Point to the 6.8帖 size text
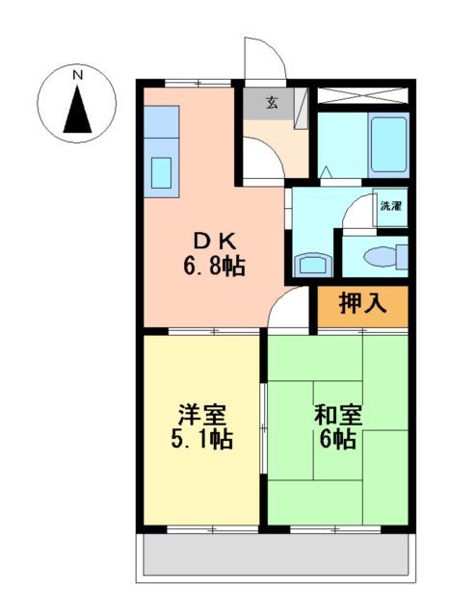pyautogui.click(x=214, y=265)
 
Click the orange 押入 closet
pyautogui.click(x=363, y=305)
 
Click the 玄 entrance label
pyautogui.click(x=273, y=102)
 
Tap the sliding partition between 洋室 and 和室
pyautogui.click(x=264, y=428)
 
